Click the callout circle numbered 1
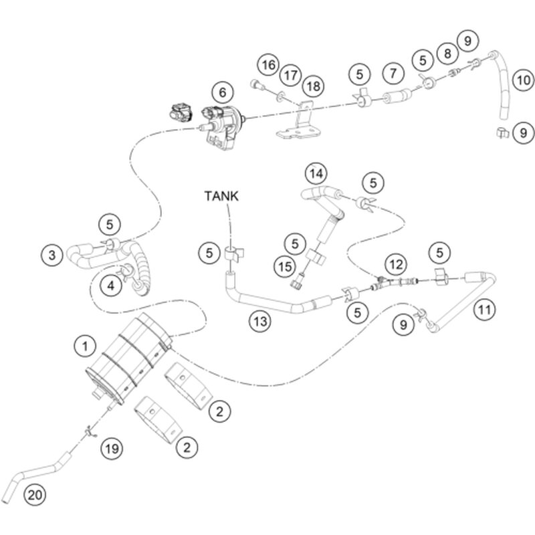[84, 346]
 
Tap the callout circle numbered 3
[51, 254]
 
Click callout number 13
[261, 322]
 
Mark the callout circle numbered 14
[316, 174]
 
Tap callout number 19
[112, 448]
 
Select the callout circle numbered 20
[34, 495]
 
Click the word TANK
[221, 196]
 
